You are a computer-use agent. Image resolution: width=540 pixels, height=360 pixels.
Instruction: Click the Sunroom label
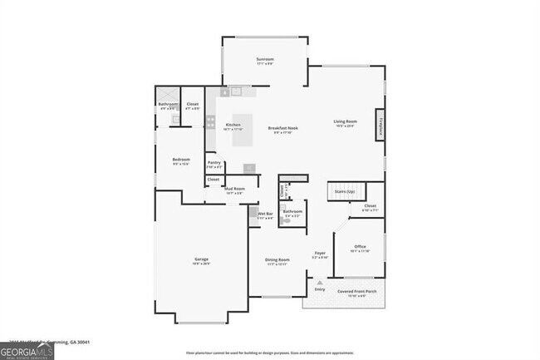click(265, 59)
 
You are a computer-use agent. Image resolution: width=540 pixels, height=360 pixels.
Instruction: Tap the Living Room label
click(346, 122)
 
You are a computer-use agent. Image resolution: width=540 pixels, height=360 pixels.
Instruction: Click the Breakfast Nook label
click(282, 128)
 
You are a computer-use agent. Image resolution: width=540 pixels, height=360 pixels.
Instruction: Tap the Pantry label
click(214, 163)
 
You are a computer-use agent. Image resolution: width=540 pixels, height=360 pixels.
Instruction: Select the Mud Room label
click(234, 189)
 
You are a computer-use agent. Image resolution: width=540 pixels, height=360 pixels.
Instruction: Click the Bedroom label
click(181, 160)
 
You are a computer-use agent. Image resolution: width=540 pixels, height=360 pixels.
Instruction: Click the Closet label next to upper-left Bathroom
click(192, 104)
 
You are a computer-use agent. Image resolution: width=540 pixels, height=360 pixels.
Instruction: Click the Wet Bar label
click(265, 215)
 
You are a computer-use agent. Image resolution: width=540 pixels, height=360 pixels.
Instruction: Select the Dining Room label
click(277, 259)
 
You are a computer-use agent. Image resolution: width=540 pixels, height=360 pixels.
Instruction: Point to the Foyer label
click(320, 253)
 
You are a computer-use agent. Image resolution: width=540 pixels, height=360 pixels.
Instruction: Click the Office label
click(360, 246)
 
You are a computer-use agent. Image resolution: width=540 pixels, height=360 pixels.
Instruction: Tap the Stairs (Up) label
click(345, 191)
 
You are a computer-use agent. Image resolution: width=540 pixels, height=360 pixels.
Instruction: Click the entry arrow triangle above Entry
click(320, 283)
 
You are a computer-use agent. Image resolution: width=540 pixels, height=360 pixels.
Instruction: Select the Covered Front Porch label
click(356, 292)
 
